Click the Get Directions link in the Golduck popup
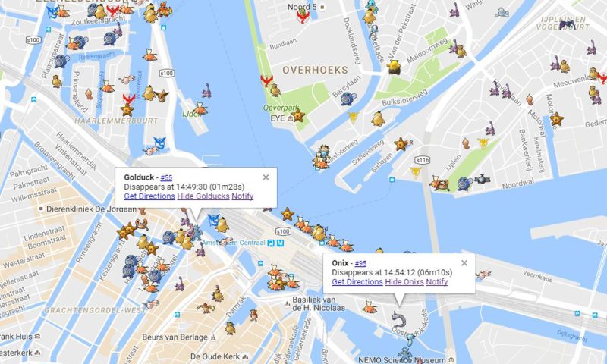[149, 196]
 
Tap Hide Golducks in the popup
[203, 196]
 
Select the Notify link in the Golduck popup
[243, 196]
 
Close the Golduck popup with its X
[266, 177]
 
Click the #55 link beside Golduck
[166, 177]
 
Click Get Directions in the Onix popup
[357, 282]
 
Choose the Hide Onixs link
[404, 282]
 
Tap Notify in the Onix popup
[437, 282]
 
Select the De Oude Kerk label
[216, 356]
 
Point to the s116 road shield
[423, 160]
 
